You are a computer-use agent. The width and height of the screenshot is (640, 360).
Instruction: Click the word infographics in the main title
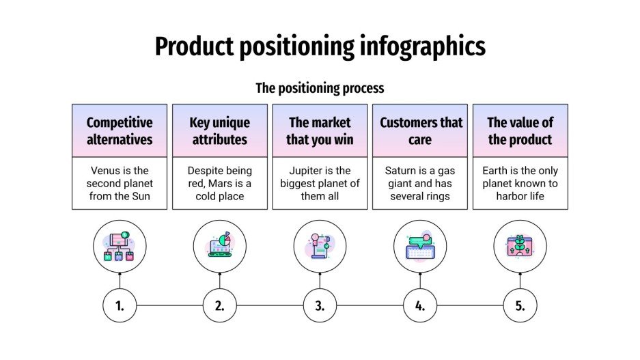click(421, 46)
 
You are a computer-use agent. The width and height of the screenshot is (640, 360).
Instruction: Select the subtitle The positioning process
click(320, 88)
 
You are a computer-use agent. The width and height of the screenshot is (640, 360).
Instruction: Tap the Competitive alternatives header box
click(120, 130)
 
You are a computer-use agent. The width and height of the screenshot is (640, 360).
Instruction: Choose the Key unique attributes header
click(219, 130)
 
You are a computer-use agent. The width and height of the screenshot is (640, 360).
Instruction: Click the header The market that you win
click(320, 130)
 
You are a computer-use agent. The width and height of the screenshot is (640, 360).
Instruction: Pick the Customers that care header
click(420, 130)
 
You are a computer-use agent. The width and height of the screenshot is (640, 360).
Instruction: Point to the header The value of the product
click(520, 130)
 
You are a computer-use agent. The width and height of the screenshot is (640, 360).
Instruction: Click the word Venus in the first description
click(106, 171)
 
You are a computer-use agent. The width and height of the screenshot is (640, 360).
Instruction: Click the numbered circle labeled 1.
click(120, 305)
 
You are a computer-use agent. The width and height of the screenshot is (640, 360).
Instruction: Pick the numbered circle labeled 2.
click(219, 305)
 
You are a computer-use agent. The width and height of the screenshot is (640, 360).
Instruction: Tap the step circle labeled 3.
click(320, 305)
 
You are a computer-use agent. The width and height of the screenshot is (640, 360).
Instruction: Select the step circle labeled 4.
click(420, 305)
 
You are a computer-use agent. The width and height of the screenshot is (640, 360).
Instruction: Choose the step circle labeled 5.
click(520, 305)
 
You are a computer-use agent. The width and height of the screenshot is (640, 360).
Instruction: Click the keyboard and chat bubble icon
click(420, 247)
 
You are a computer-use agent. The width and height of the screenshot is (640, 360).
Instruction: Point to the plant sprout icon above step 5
click(520, 247)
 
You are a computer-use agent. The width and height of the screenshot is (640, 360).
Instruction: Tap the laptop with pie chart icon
click(219, 247)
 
